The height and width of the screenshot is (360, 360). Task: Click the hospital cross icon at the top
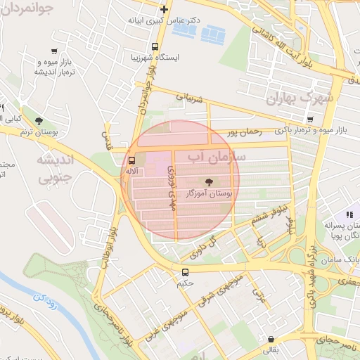tap(164, 9)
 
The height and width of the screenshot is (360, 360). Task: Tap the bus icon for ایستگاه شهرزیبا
tap(144, 56)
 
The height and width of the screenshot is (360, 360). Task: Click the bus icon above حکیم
tap(185, 272)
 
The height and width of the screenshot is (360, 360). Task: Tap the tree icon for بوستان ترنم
tap(39, 120)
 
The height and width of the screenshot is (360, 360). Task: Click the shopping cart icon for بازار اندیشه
tap(54, 51)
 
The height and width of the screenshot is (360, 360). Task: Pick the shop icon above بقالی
tap(270, 338)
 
